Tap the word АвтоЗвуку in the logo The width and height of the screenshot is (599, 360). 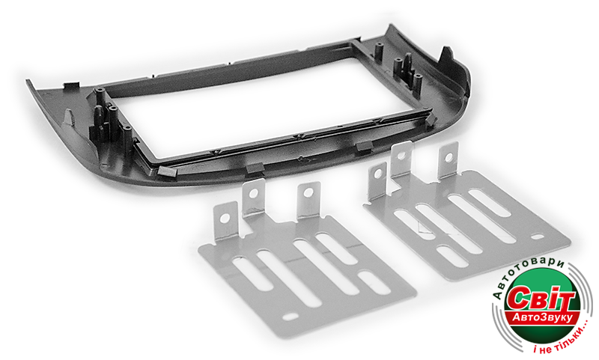542,317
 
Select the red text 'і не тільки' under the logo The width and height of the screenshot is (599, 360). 561,339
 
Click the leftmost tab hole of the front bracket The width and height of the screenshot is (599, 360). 225,219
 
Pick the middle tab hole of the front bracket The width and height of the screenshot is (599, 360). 253,193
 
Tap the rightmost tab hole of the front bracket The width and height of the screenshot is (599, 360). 308,193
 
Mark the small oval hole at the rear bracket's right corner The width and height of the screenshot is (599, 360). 538,237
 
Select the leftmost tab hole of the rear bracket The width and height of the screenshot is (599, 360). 378,174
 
